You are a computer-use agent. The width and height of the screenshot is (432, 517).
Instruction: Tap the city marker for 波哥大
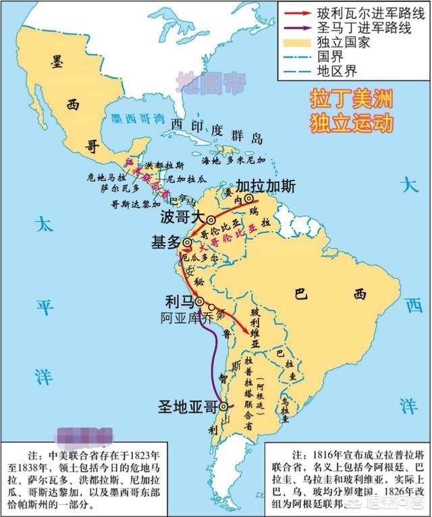(x=211, y=220)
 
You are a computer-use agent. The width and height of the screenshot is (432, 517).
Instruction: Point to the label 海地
(x=211, y=161)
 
